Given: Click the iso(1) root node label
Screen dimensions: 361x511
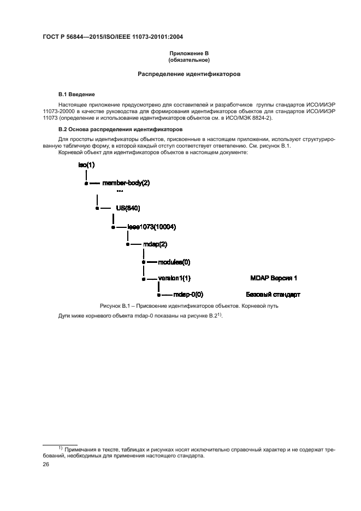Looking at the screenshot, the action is click(x=86, y=165).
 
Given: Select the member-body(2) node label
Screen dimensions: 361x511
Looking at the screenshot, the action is click(x=126, y=183).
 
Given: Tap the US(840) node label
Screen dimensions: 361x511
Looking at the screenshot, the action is click(x=128, y=208).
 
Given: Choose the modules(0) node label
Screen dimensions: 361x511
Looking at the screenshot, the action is click(x=174, y=262).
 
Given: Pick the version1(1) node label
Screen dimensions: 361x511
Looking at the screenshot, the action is click(x=174, y=278).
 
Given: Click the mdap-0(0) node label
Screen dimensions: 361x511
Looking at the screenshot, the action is click(x=188, y=295).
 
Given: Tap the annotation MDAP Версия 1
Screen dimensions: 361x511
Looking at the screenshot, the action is click(x=274, y=278).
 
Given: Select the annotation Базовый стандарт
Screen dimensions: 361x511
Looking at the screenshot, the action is click(x=273, y=295).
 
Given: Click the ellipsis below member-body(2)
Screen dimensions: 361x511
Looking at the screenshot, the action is click(x=120, y=191).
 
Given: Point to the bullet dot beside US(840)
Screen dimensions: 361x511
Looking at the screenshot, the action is click(x=97, y=208).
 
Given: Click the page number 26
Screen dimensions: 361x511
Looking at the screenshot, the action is click(x=46, y=464).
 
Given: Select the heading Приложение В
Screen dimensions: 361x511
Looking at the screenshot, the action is click(x=189, y=54).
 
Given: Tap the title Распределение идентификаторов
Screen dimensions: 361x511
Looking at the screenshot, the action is click(x=189, y=74).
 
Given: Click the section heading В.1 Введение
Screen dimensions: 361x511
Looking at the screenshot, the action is click(x=77, y=95).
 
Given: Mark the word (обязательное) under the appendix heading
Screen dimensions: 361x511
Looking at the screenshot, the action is click(x=189, y=60).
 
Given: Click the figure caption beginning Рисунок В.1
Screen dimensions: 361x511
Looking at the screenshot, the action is click(x=189, y=306).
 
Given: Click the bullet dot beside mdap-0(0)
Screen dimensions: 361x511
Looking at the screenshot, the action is click(x=159, y=295).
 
